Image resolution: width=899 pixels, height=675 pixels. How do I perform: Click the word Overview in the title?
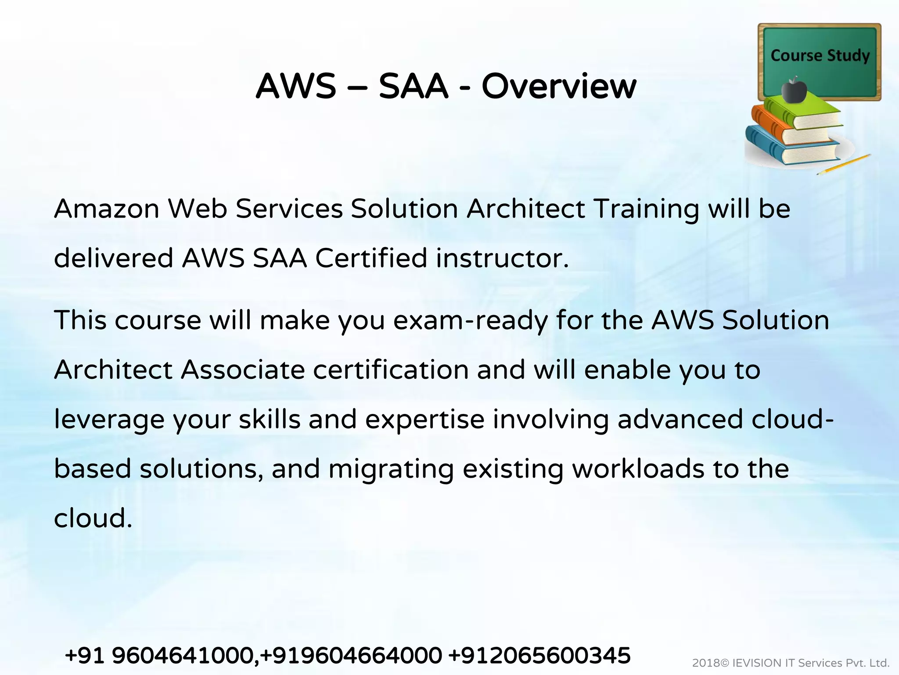558,86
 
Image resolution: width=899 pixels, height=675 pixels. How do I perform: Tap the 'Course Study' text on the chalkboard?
820,56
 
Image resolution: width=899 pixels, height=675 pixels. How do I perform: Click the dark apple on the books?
794,91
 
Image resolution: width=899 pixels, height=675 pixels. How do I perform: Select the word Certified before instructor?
371,258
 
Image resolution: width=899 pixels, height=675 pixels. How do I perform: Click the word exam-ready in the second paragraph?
470,320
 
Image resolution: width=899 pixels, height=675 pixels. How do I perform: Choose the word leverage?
109,420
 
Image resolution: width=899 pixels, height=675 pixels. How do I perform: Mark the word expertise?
424,419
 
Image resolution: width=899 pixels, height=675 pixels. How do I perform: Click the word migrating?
391,470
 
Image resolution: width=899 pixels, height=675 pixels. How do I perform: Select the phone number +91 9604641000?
159,656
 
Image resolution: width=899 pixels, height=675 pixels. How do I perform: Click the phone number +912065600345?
539,656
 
